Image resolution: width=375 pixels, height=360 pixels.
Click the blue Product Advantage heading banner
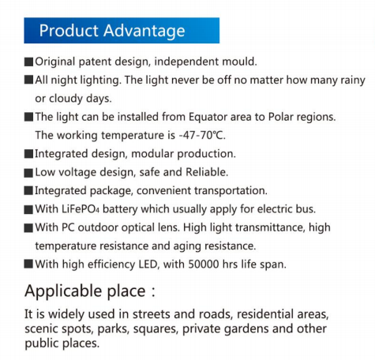pos(122,31)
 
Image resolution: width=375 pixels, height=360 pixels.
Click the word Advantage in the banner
pos(144,31)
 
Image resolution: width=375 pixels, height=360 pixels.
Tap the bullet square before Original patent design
pos(28,62)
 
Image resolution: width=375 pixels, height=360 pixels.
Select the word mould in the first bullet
pos(239,62)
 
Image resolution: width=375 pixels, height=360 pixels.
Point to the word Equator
pos(208,117)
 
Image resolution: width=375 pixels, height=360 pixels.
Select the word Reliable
pos(207,172)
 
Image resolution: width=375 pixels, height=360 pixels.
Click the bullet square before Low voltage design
pos(28,173)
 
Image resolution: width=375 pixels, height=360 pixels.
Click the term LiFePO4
pos(81,209)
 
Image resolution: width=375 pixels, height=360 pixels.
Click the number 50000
pos(204,264)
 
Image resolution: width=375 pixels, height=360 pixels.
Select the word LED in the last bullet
pos(149,264)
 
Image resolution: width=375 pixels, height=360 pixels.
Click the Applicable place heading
pos(90,291)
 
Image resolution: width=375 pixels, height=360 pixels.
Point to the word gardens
pos(247,329)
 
